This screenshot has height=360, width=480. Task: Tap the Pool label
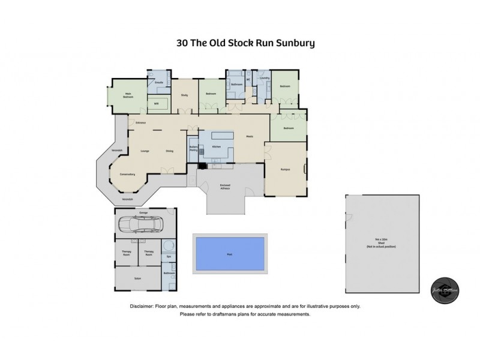click(x=230, y=254)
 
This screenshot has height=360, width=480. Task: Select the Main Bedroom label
click(x=128, y=95)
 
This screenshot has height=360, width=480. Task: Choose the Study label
click(x=185, y=94)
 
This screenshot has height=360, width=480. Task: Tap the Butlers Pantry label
click(x=194, y=148)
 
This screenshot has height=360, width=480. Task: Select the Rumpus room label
click(x=286, y=169)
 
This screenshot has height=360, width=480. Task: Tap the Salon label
click(x=138, y=278)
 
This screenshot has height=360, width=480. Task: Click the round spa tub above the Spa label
click(x=169, y=245)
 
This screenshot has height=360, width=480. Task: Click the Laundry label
click(x=263, y=77)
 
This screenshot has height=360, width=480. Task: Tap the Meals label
click(x=248, y=136)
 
